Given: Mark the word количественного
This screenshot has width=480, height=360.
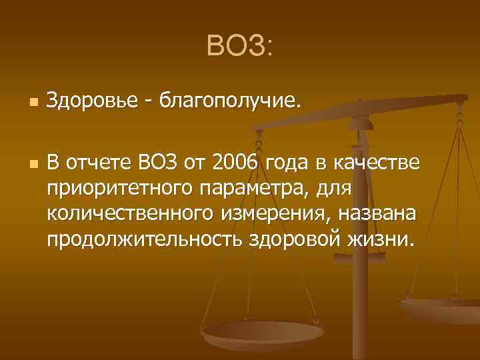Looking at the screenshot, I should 123,214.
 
